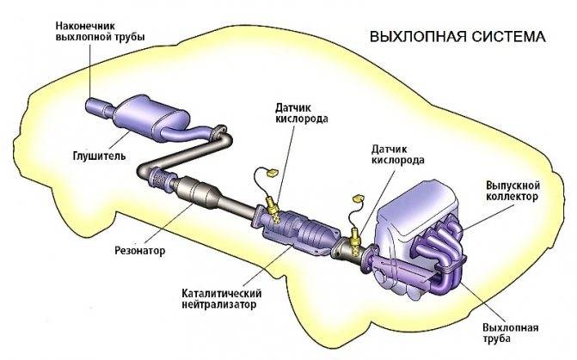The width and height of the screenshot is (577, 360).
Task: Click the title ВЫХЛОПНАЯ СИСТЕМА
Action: (x=457, y=38)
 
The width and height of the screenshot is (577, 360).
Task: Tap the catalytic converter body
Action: (x=305, y=228)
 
